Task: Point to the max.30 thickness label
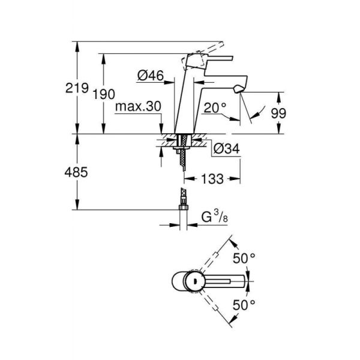(x=139, y=106)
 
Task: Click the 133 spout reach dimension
(x=212, y=178)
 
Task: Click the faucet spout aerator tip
(x=240, y=89)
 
